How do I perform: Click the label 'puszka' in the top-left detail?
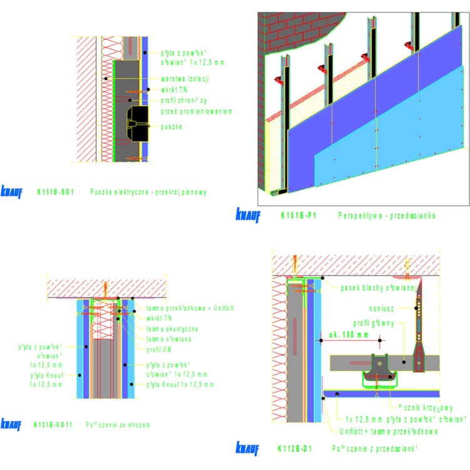click(x=171, y=127)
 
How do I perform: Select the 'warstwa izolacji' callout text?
click(x=185, y=79)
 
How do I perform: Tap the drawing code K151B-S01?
click(x=55, y=192)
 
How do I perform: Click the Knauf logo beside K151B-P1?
click(x=248, y=215)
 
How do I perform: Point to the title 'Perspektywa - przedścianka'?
click(x=386, y=216)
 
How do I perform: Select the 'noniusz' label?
click(x=382, y=307)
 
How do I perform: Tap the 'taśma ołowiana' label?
click(x=169, y=338)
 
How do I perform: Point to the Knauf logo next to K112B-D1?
click(x=248, y=447)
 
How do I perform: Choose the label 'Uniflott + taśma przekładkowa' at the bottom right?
click(x=389, y=431)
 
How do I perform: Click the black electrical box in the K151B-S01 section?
click(x=138, y=122)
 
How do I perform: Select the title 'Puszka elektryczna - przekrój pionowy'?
click(x=148, y=192)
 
